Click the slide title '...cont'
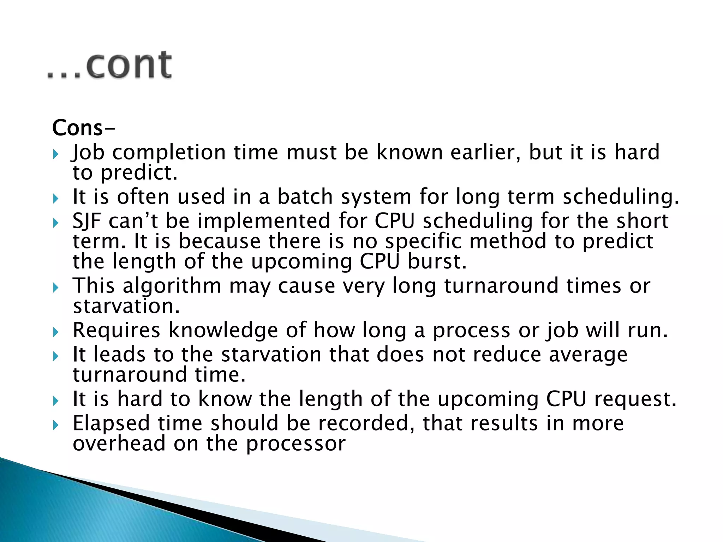(109, 65)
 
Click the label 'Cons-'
(83, 128)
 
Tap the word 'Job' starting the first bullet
(88, 152)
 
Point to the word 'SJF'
(86, 221)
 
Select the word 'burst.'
(437, 262)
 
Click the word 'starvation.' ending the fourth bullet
(126, 306)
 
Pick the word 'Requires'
(116, 331)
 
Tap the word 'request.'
(635, 399)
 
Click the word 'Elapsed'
(111, 423)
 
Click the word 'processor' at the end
(295, 444)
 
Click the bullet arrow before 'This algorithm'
(55, 288)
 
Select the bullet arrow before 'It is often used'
(55, 199)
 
